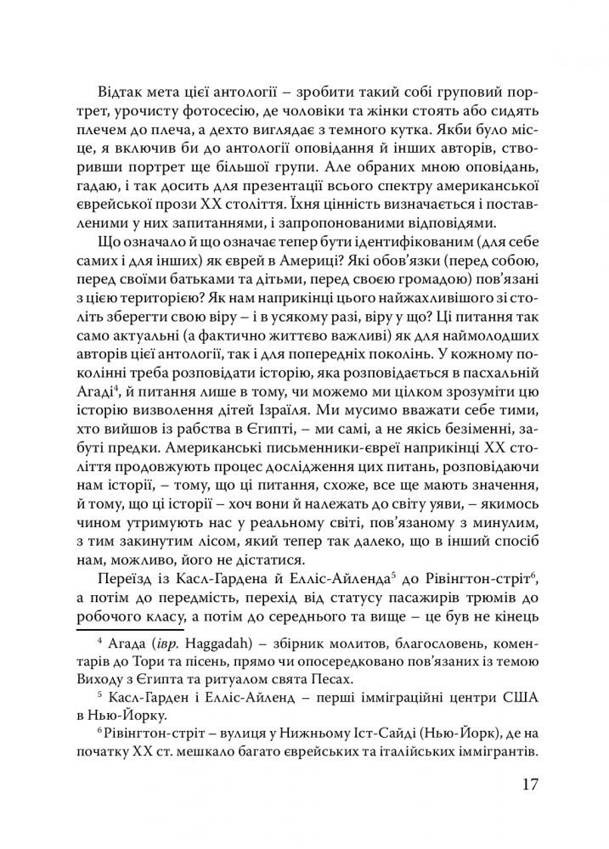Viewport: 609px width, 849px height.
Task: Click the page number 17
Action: click(x=527, y=783)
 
